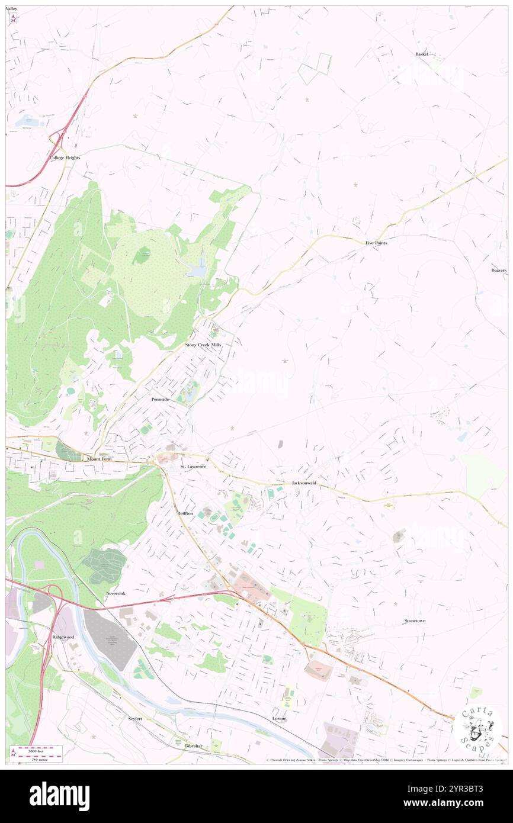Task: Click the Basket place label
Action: coord(421,54)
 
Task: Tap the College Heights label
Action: coord(65,157)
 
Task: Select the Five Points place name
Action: coord(376,243)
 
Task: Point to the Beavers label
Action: coord(499,271)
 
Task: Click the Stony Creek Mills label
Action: coord(203,344)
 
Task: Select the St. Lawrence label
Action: coord(193,467)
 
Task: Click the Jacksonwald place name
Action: coord(304,483)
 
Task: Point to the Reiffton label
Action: coord(185,513)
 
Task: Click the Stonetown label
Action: coord(415,621)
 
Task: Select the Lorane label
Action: coord(279,718)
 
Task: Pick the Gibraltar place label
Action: coord(193,746)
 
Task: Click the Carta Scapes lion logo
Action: coord(477,729)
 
